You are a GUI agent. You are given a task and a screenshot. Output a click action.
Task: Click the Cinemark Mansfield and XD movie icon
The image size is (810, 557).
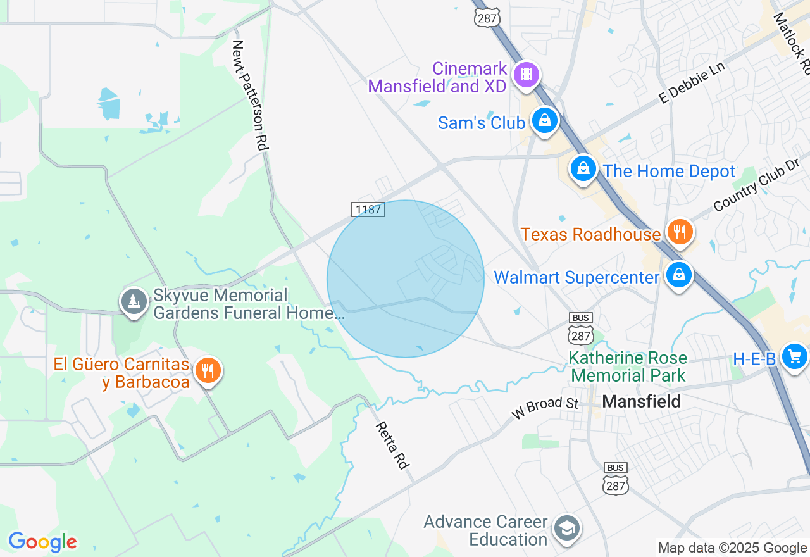click(526, 75)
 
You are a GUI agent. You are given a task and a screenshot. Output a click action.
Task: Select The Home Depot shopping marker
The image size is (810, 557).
click(583, 169)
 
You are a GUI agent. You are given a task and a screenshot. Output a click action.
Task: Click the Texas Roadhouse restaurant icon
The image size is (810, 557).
click(680, 232)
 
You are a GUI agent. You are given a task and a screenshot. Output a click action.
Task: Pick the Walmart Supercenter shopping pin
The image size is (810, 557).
click(678, 275)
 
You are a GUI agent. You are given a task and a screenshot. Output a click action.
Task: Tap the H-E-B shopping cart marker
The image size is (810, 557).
click(794, 357)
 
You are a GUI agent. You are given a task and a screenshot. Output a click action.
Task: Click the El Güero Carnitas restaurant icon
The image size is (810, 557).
click(207, 370)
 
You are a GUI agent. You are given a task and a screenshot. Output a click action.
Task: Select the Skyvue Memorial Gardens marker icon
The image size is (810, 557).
click(134, 302)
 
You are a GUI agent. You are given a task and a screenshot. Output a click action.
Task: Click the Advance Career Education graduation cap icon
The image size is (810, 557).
click(566, 529)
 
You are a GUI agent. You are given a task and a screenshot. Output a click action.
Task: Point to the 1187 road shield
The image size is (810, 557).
click(368, 209)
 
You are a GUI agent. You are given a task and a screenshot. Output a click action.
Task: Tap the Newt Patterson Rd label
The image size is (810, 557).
click(251, 95)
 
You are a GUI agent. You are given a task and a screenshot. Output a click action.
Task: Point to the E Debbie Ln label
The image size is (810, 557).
click(691, 83)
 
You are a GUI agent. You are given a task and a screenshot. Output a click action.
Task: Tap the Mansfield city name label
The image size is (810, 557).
click(641, 401)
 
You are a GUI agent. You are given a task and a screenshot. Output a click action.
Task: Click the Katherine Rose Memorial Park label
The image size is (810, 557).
click(628, 366)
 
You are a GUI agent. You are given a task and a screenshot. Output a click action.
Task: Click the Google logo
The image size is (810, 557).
click(42, 542)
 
